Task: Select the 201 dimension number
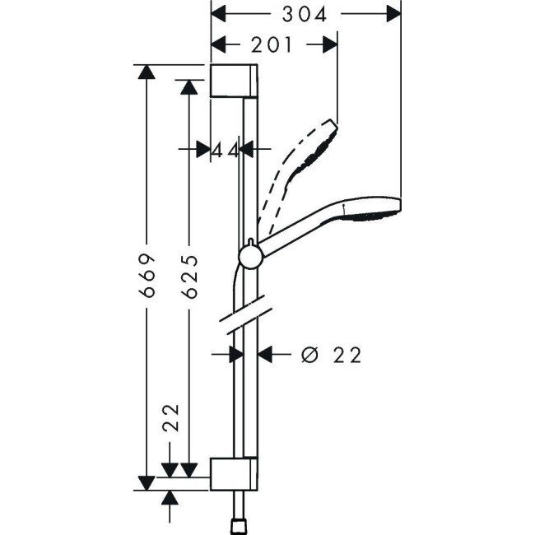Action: pyautogui.click(x=272, y=45)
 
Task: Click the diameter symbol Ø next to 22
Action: pyautogui.click(x=310, y=355)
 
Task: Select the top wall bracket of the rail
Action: pyautogui.click(x=235, y=81)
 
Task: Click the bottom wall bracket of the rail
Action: pyautogui.click(x=235, y=474)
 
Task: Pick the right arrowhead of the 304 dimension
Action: pyautogui.click(x=394, y=14)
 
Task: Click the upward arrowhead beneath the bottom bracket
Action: pyautogui.click(x=170, y=498)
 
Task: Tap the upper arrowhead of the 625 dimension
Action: pyautogui.click(x=188, y=86)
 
